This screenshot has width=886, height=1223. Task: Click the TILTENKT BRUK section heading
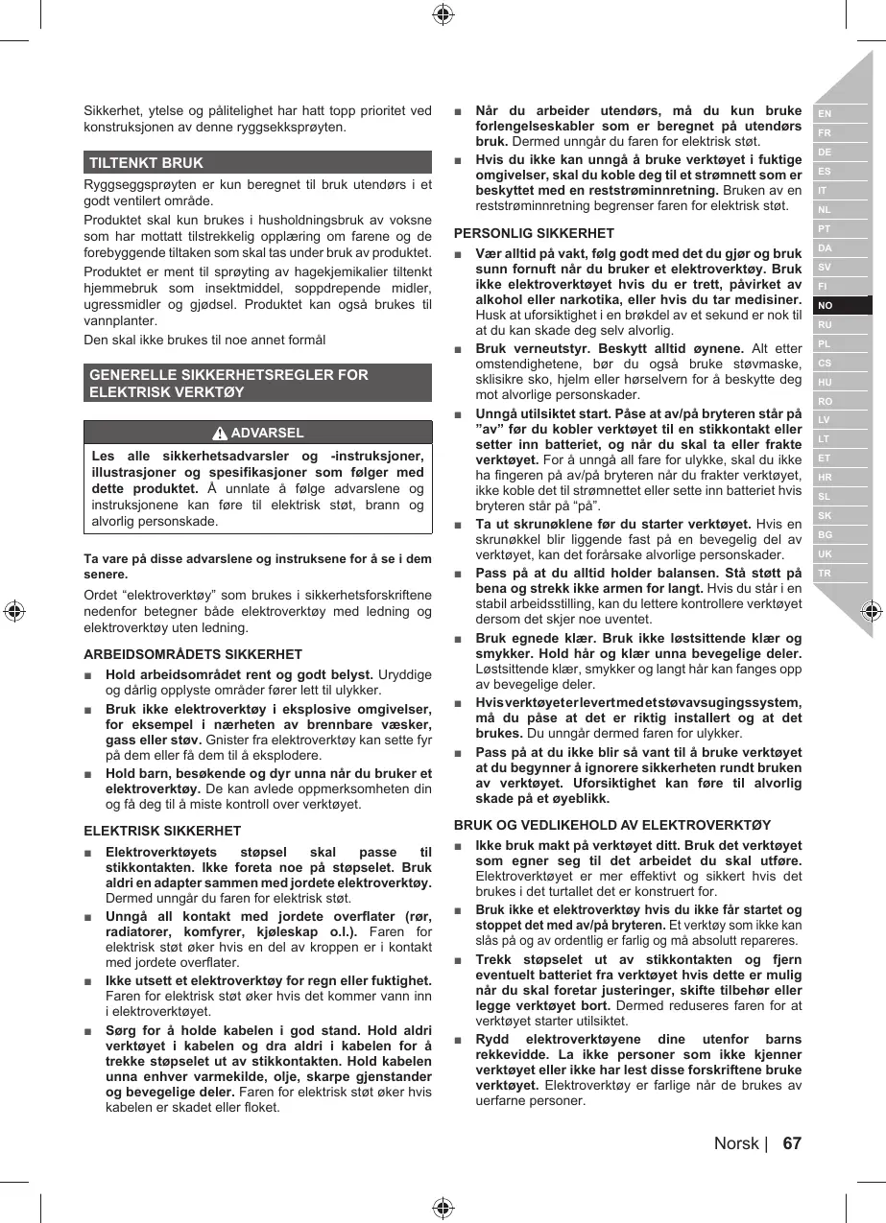coord(147,163)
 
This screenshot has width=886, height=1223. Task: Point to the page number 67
coord(792,1143)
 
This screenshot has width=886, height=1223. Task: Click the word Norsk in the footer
coord(736,1143)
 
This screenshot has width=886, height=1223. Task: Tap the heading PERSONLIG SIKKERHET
coord(534,233)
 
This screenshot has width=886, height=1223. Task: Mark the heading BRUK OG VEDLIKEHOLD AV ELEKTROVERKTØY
coord(612,824)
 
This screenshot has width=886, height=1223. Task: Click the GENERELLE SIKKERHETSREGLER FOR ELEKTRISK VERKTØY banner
coord(257,383)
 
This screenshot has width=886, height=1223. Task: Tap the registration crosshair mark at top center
coord(443,13)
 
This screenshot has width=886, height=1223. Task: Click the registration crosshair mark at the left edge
coord(13,611)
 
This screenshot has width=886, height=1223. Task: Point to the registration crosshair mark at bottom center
coord(443,1208)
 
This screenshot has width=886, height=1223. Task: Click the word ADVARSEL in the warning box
coord(268,433)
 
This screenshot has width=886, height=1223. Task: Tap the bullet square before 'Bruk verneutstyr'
coord(460,348)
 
